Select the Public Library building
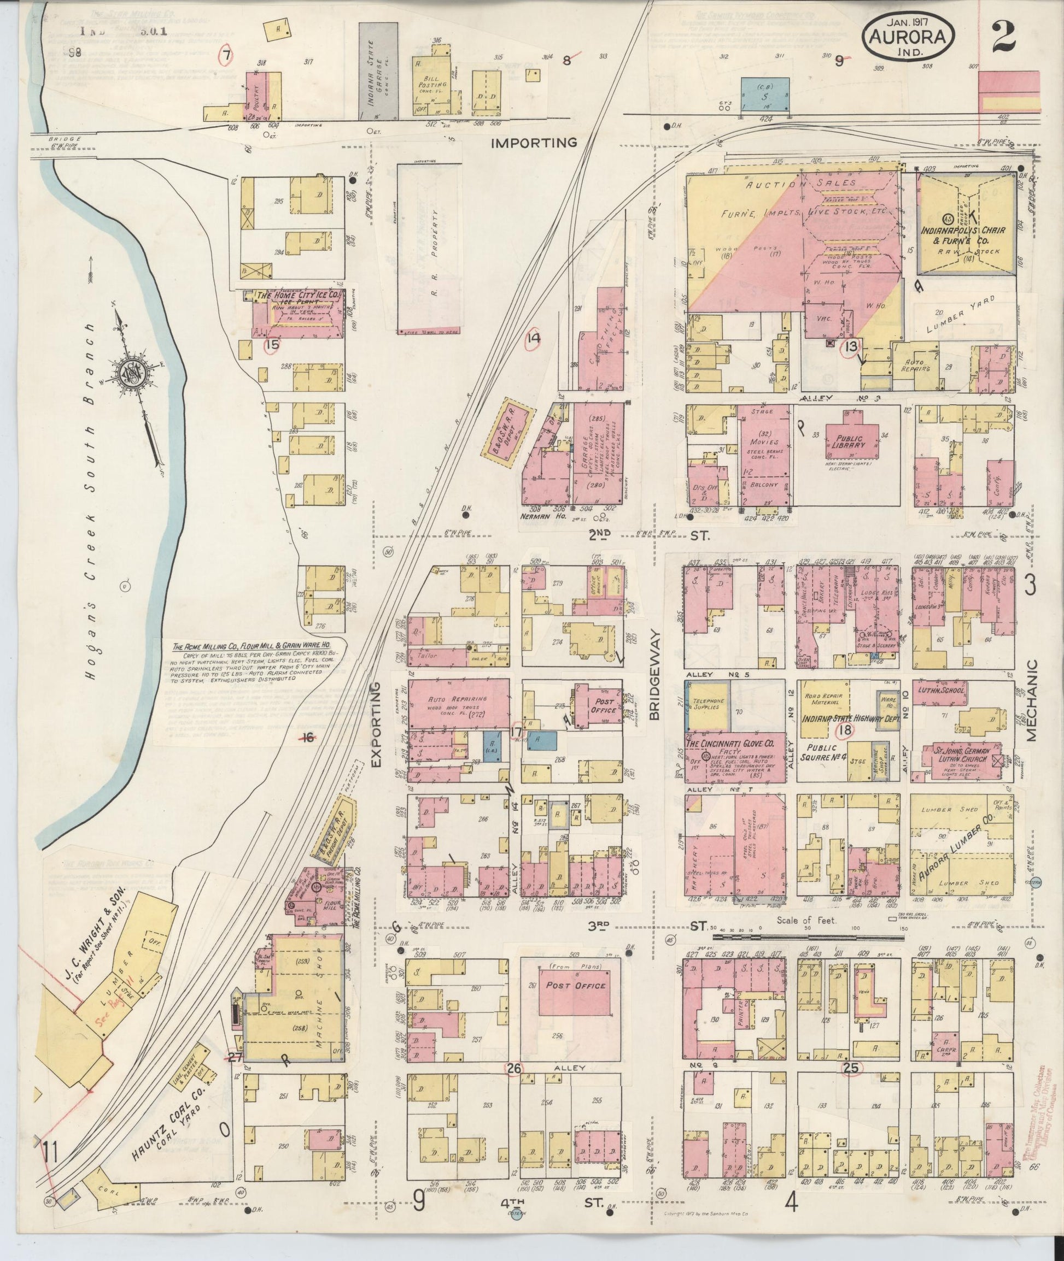(x=848, y=443)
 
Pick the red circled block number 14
(x=533, y=339)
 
